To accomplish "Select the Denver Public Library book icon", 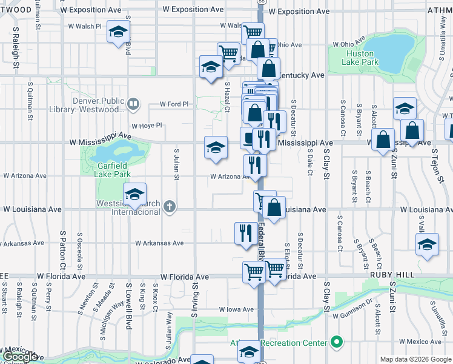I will click(133, 104).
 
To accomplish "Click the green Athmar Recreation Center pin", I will click(335, 343).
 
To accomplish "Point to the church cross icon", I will click(169, 207).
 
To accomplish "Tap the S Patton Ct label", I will click(62, 248).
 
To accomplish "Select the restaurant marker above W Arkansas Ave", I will click(245, 233).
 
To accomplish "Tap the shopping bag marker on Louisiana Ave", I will click(274, 207).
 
